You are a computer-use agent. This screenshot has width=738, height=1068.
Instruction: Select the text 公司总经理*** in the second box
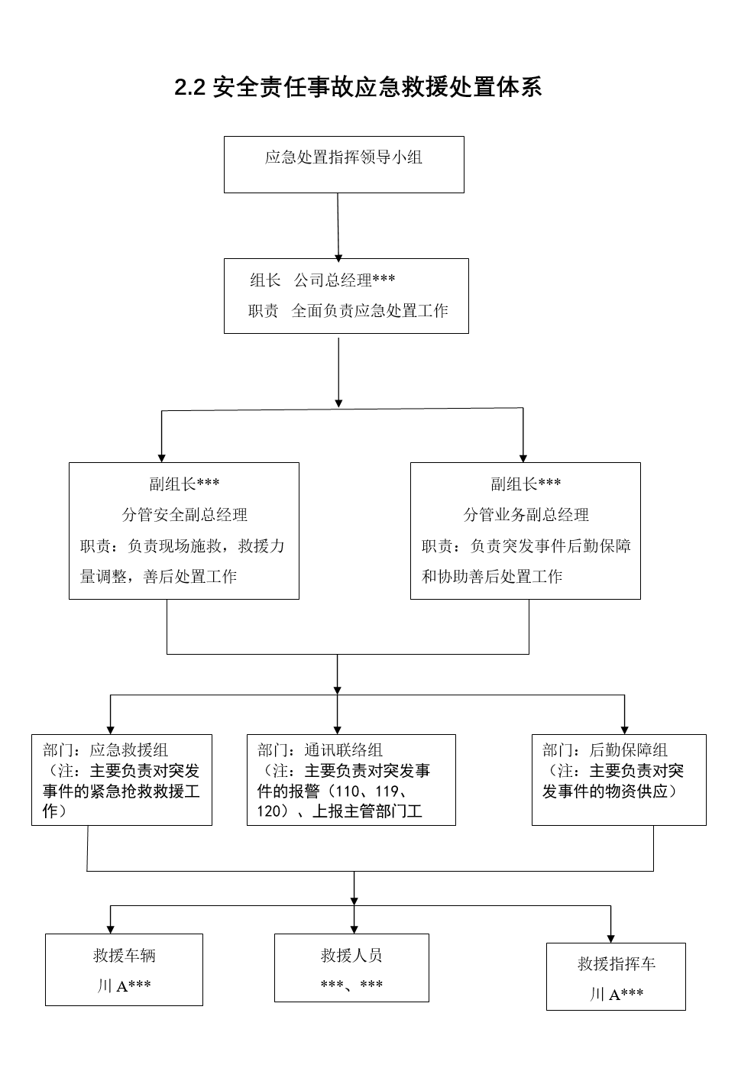tap(345, 280)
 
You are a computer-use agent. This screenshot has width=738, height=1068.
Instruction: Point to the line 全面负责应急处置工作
tap(370, 311)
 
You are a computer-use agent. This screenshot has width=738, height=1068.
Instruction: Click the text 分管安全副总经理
tap(184, 515)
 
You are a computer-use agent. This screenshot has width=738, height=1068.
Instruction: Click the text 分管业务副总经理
tap(526, 515)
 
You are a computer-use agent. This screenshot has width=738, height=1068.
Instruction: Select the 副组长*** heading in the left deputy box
tap(184, 484)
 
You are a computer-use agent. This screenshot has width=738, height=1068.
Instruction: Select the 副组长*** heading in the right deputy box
tap(526, 484)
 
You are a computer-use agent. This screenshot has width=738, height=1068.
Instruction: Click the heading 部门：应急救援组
tap(105, 750)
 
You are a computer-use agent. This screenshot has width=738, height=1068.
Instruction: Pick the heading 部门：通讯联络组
tap(320, 750)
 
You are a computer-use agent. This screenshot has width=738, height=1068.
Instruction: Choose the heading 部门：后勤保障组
tap(605, 750)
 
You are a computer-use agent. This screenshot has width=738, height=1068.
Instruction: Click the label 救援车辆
tap(124, 956)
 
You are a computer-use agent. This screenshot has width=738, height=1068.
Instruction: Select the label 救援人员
tap(351, 956)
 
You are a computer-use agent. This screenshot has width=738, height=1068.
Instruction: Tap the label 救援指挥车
tap(617, 964)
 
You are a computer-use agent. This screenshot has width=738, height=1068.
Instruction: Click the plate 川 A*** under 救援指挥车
tap(617, 995)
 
